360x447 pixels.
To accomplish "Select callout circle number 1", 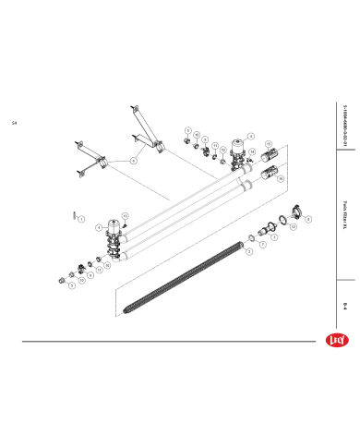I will click(81, 220).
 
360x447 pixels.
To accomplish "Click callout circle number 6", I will click(133, 160).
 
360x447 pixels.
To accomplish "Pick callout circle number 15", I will click(269, 144).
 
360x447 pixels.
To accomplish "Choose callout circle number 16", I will click(282, 179).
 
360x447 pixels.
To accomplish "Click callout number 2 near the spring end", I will click(248, 251).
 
